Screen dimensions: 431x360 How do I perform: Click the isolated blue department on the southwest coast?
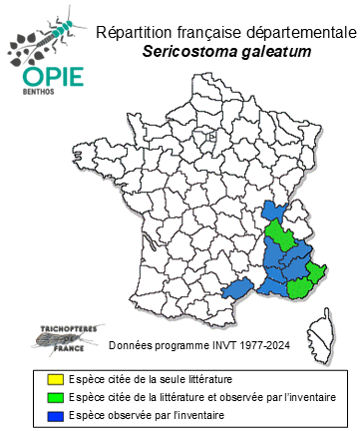[x=236, y=289]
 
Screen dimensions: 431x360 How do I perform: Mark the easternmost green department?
[x=315, y=271]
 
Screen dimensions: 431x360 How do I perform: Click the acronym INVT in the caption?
[x=218, y=346]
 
